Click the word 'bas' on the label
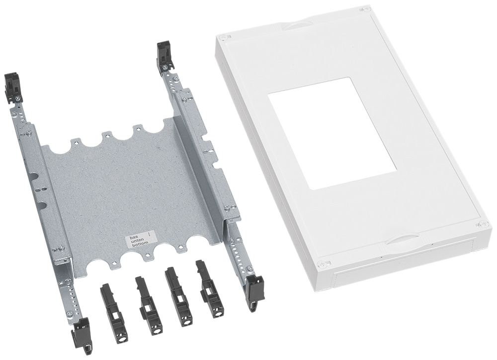click(x=134, y=238)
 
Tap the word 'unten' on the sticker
click(x=136, y=242)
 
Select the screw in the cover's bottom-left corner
click(x=326, y=264)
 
